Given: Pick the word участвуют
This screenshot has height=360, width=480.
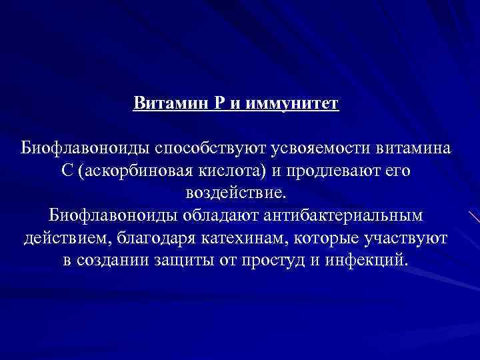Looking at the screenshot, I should [x=406, y=238].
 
